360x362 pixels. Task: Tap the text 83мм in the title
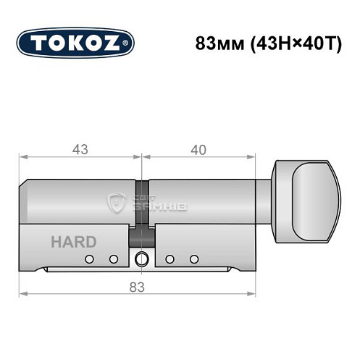coord(217,43)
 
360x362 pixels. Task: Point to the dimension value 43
coord(80,150)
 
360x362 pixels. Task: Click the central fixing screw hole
coord(141,259)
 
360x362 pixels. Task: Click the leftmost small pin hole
coord(89,259)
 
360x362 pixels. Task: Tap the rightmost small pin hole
coord(193,259)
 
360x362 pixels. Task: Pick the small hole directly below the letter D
coord(113,259)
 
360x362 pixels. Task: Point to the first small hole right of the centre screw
coord(169,259)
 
